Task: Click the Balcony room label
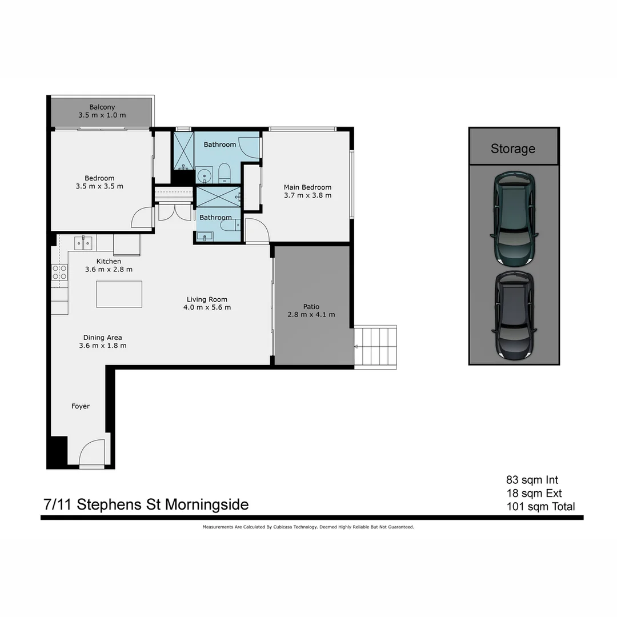click(102, 107)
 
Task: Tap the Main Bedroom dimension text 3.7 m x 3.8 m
click(307, 195)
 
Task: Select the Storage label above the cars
click(513, 149)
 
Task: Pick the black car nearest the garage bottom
click(514, 315)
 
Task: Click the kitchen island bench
click(119, 294)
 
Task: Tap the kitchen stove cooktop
click(59, 273)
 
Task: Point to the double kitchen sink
click(83, 243)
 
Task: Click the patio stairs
click(375, 346)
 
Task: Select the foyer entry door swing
click(91, 452)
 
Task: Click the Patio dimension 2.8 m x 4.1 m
click(311, 315)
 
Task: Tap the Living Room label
click(207, 299)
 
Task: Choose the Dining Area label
click(102, 337)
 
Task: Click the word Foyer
click(81, 406)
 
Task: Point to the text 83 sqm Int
click(532, 480)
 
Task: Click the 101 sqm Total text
click(540, 506)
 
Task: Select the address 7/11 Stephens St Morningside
click(146, 504)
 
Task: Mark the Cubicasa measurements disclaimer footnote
click(308, 527)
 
